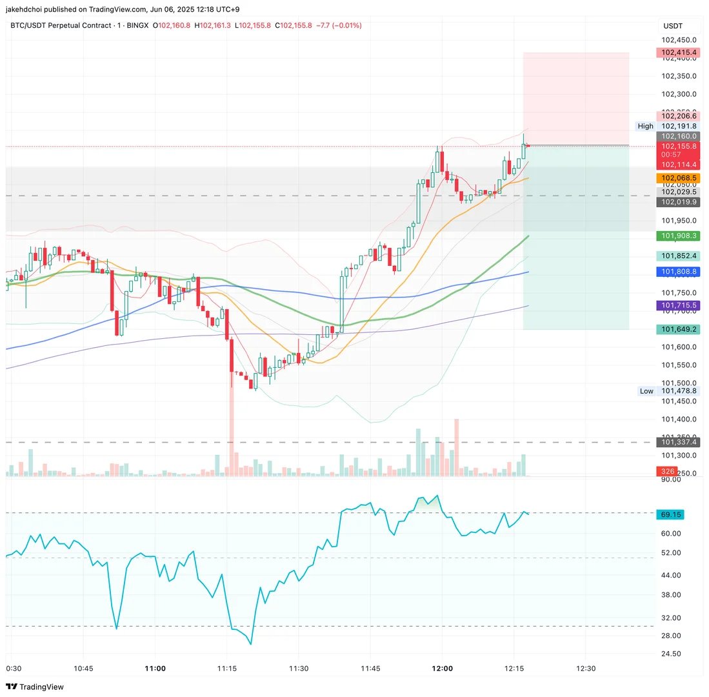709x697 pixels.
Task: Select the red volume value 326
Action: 667,472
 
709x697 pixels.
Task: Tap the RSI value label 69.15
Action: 671,514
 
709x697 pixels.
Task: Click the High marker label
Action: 645,126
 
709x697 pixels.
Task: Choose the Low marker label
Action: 646,391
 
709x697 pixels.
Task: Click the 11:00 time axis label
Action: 155,669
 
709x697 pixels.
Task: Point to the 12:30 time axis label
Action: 586,669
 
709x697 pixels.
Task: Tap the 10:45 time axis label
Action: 84,669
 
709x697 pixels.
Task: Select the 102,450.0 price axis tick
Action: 679,39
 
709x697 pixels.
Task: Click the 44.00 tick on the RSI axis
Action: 672,575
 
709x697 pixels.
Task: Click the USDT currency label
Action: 673,26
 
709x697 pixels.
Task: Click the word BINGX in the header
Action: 137,26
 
